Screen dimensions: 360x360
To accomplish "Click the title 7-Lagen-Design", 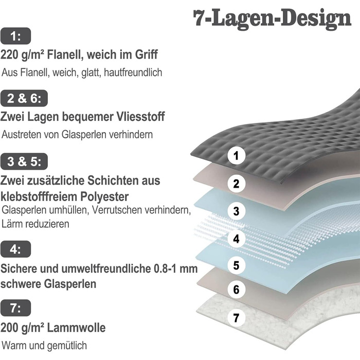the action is coord(272,19).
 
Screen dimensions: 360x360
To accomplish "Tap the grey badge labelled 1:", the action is coord(15,36).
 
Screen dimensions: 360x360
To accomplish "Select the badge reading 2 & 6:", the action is coord(24,98).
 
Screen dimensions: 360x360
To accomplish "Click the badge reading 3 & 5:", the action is coord(24,161).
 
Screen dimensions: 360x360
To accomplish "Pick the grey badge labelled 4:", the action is coord(15,249).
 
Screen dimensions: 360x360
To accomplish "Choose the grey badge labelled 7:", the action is coord(15,308).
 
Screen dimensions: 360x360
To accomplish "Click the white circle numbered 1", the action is coord(236,156).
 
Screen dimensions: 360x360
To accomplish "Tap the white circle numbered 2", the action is coord(236,184).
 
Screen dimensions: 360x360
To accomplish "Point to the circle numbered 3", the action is coord(236,211).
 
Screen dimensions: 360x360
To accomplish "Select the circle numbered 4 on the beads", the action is coord(236,239).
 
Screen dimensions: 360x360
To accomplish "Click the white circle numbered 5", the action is coord(236,265).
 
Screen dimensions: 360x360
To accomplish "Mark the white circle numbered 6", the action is coord(236,290).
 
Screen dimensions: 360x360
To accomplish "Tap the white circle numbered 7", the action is coord(236,318).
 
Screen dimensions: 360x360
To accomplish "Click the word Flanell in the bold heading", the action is coord(65,55).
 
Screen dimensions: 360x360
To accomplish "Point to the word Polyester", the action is coord(104,197).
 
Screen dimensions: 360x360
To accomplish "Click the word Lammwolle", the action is coord(77,328).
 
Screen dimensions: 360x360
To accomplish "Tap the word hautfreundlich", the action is coord(133,73).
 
